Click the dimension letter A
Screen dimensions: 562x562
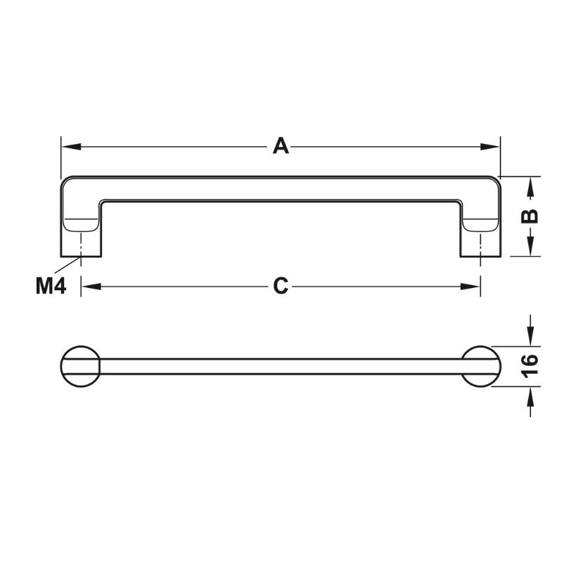click(280, 147)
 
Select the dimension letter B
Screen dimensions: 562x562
click(530, 216)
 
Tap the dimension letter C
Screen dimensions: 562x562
click(280, 287)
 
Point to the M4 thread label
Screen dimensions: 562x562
click(51, 287)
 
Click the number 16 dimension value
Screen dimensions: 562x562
click(530, 366)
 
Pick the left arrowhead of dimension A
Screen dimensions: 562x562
click(72, 147)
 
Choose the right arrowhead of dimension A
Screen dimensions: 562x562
click(490, 147)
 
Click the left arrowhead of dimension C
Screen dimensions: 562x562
click(91, 287)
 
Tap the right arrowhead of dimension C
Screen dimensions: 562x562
click(470, 287)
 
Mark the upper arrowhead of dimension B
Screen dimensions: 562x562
click(531, 187)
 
